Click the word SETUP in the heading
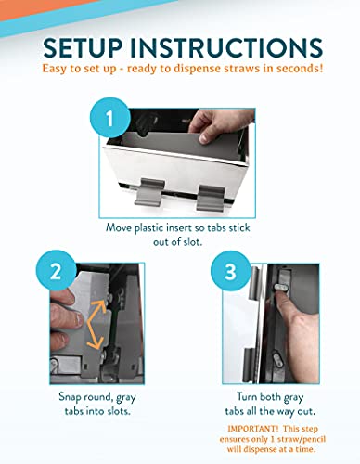83,47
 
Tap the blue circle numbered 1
109,118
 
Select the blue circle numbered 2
56,272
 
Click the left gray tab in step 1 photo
149,192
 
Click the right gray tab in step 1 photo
211,199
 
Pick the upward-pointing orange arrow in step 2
96,311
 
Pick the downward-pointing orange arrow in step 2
96,335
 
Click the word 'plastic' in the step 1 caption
149,228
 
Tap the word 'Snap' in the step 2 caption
70,397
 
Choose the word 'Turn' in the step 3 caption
247,396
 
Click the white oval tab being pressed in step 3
281,288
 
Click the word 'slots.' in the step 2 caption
119,411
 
